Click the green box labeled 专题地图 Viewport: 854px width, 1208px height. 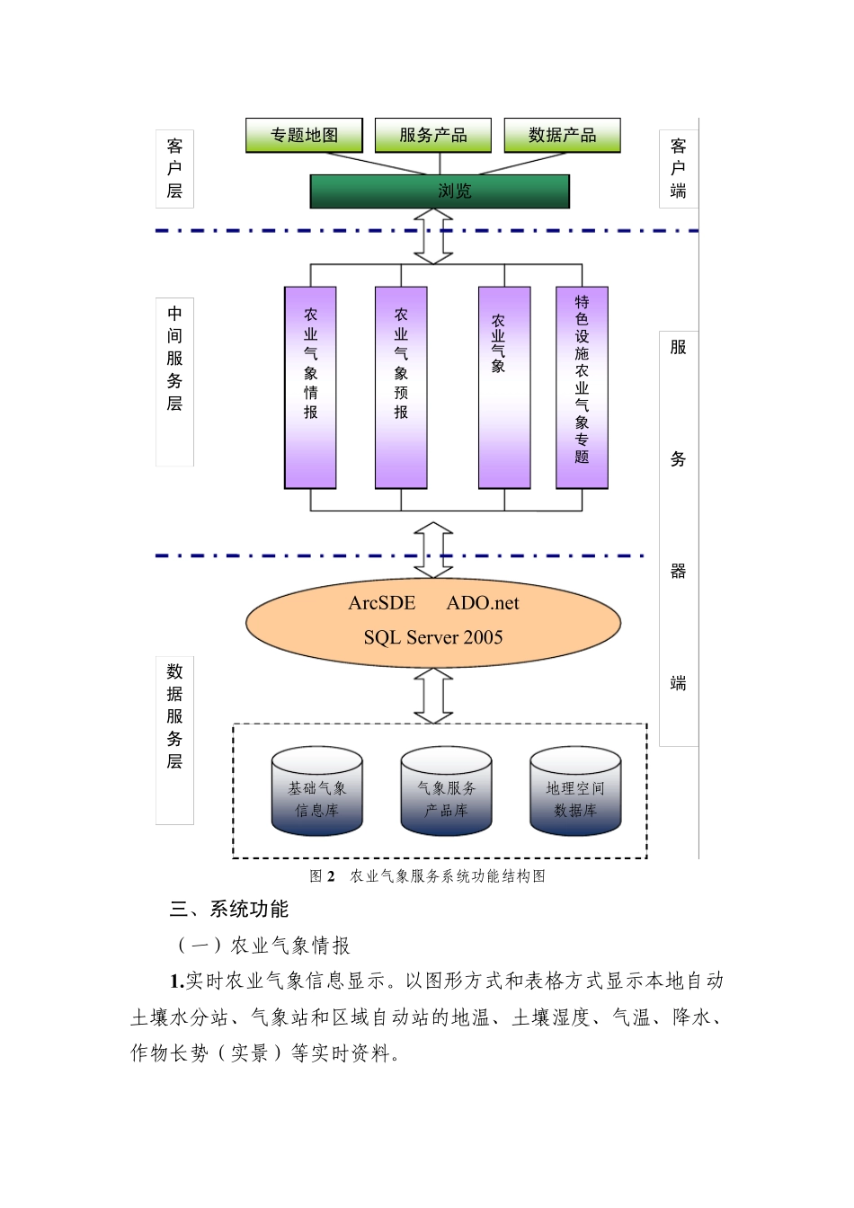[304, 136]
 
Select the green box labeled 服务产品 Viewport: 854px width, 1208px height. [433, 136]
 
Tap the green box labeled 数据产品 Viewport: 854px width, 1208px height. [562, 136]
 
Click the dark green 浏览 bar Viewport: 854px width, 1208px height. [440, 191]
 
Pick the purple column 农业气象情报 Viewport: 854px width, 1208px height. [310, 387]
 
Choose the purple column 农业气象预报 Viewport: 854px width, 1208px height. [401, 387]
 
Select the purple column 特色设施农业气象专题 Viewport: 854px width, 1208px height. [582, 387]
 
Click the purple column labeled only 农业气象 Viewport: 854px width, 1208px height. [504, 387]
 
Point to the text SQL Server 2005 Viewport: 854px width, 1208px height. [433, 637]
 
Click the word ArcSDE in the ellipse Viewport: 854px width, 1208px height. [382, 603]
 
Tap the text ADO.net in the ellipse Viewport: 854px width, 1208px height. [483, 603]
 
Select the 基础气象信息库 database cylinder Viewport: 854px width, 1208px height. [317, 791]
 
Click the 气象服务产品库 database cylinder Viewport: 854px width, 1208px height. [446, 791]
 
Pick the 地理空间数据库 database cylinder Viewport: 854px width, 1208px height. [575, 791]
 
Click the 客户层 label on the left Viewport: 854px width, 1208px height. [174, 168]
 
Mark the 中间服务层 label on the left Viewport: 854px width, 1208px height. [174, 359]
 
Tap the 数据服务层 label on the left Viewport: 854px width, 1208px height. [174, 716]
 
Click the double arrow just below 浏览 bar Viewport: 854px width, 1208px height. [433, 236]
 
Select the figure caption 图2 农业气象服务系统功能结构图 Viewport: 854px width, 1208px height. [428, 876]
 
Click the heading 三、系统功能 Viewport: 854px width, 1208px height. [229, 910]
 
